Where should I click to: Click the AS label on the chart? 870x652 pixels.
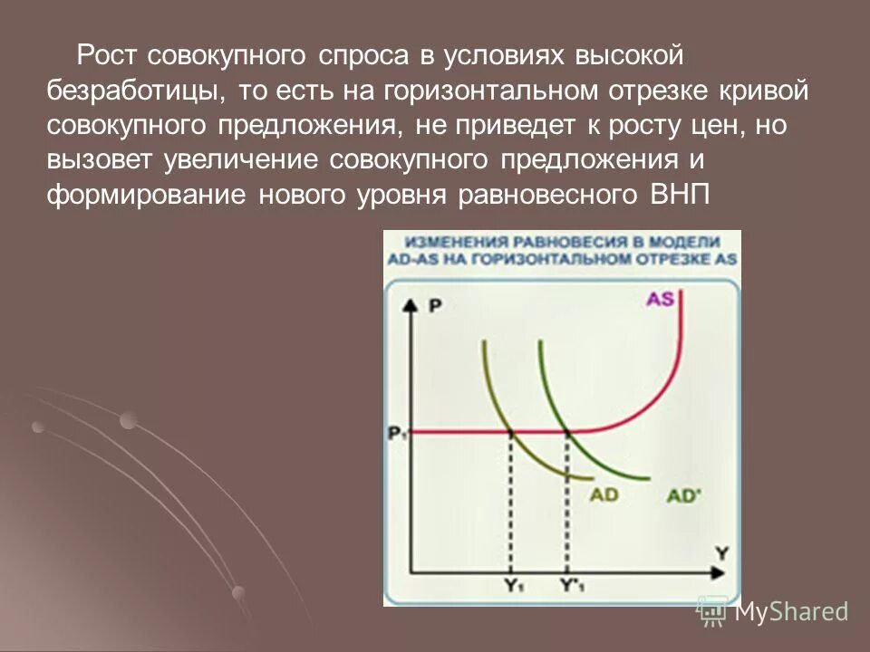point(660,298)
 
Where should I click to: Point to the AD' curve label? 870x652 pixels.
point(686,495)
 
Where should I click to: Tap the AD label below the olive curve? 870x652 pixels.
point(604,494)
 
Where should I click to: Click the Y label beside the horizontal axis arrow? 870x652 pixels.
point(721,551)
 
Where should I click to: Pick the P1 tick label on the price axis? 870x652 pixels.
point(396,434)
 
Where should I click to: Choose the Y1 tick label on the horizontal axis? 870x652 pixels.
point(513,586)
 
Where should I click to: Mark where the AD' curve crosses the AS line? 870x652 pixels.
point(568,433)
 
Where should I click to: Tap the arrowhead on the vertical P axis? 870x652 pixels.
point(412,303)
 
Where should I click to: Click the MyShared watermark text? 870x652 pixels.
point(791,611)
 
